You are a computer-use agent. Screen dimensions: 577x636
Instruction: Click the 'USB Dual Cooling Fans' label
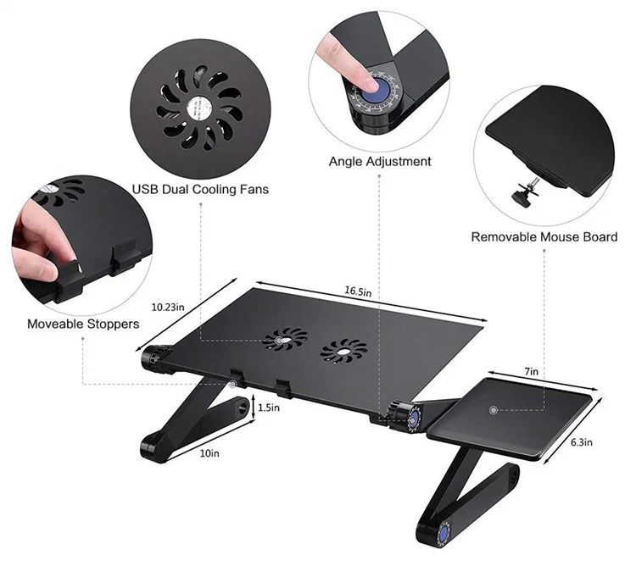tap(200, 189)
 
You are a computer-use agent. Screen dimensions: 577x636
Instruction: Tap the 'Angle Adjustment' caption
tap(379, 161)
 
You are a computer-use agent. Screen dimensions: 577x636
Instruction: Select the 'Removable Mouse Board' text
tap(544, 236)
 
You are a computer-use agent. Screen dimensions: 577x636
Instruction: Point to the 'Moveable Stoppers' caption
tap(83, 324)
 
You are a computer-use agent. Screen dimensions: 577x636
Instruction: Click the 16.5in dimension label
tap(357, 291)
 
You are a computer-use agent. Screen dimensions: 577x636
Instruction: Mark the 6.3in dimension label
tap(581, 441)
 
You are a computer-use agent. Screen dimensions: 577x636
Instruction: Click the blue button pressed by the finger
tap(377, 87)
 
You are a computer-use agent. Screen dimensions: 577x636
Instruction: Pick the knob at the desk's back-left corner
tap(158, 356)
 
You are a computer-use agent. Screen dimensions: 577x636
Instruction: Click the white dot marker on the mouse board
tap(492, 410)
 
